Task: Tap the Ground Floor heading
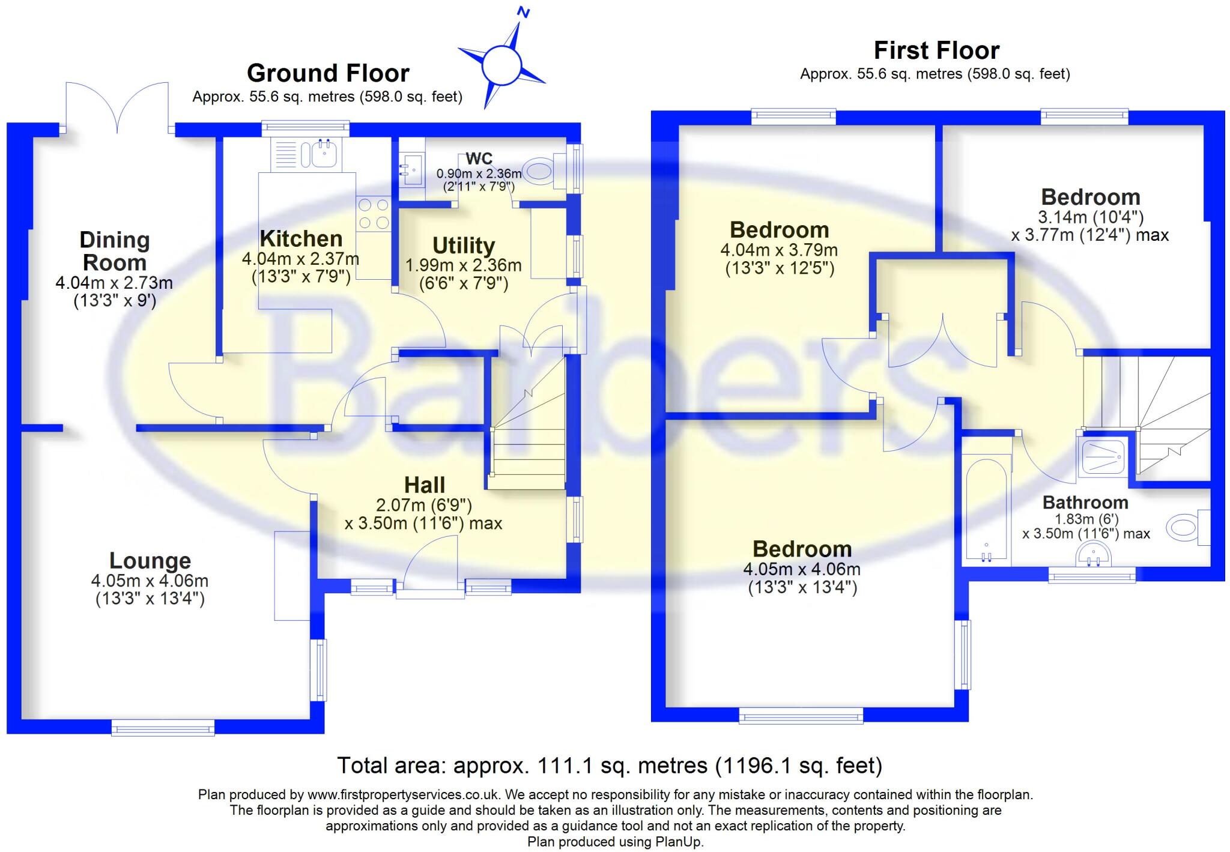pos(328,73)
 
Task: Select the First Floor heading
pos(936,50)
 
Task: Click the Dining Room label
pos(114,251)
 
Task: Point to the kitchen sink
pos(324,154)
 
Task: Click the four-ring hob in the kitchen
pos(373,214)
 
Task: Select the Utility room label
pos(464,246)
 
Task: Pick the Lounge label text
pos(150,560)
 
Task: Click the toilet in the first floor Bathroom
pos(1184,528)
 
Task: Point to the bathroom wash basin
pos(1092,554)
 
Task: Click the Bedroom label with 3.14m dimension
pos(1090,197)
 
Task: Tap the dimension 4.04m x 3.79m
pos(779,250)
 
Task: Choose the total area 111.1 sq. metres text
pos(609,766)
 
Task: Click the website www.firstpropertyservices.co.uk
pos(403,794)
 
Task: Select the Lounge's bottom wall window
pos(163,728)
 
